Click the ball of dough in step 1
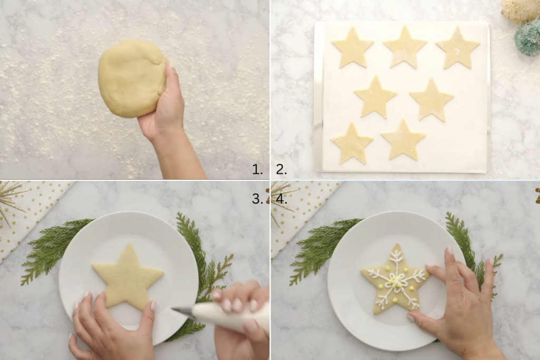pyautogui.click(x=132, y=79)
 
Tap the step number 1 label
pyautogui.click(x=257, y=169)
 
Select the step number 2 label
pyautogui.click(x=281, y=169)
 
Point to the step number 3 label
pyautogui.click(x=257, y=199)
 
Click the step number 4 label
pyautogui.click(x=282, y=199)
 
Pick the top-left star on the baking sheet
pyautogui.click(x=353, y=49)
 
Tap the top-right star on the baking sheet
pyautogui.click(x=458, y=49)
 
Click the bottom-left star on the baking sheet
pyautogui.click(x=352, y=144)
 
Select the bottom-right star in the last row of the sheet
pyautogui.click(x=403, y=141)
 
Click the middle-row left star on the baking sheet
pyautogui.click(x=375, y=99)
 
